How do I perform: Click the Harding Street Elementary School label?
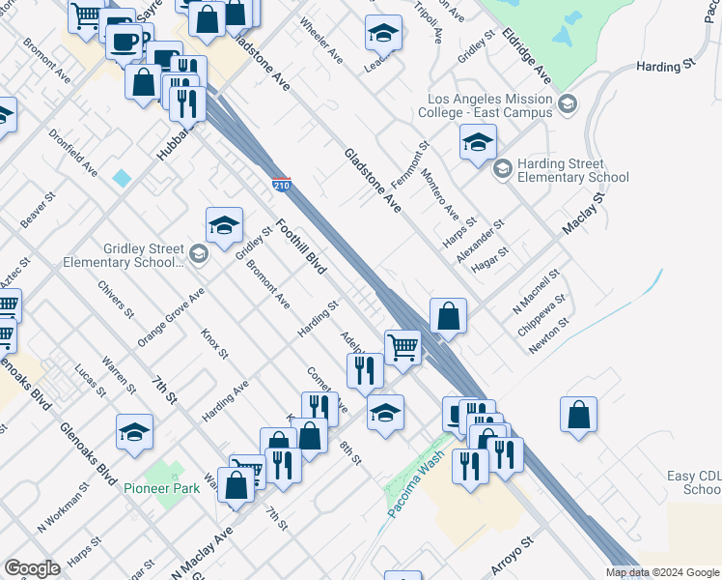(572, 171)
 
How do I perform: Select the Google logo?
(32, 568)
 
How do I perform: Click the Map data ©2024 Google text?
(662, 572)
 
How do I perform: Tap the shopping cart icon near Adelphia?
(403, 346)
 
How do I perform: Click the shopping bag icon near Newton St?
(578, 413)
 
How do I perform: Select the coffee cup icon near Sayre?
(123, 42)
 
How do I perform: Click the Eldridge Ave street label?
(539, 60)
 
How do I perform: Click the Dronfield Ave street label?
(73, 153)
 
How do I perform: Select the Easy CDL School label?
(694, 482)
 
